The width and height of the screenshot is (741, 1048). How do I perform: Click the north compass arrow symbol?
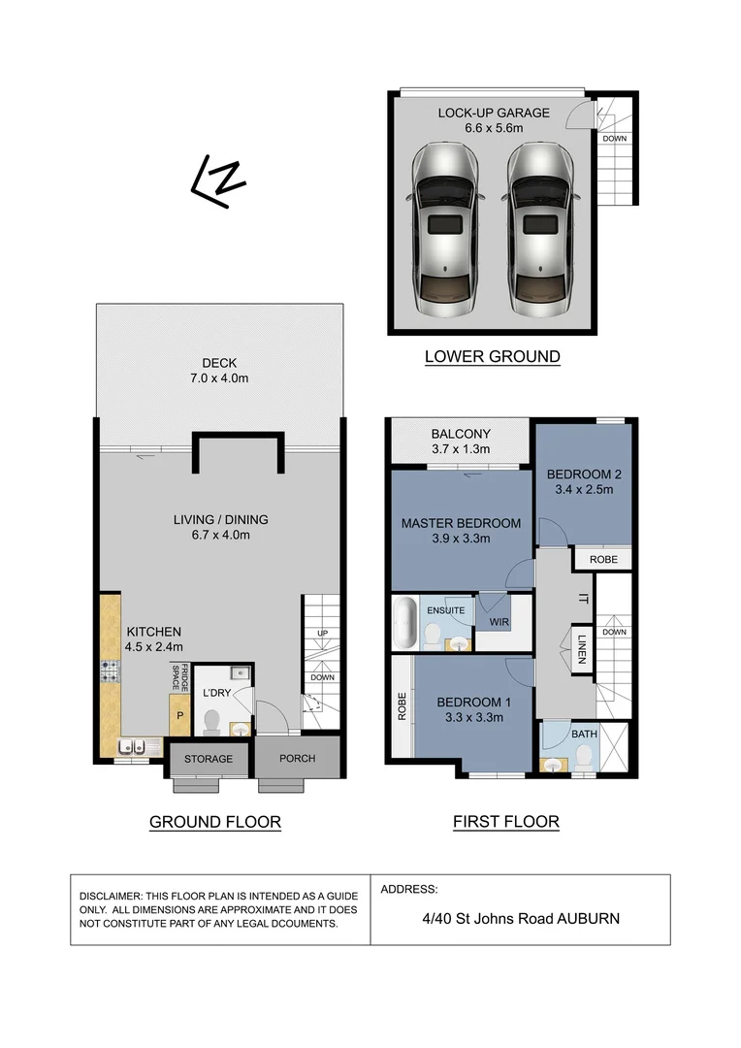(219, 180)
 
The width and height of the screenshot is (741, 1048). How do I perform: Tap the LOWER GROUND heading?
(492, 356)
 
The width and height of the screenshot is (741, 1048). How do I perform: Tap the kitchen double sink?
(134, 746)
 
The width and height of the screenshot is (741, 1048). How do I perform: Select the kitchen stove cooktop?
(109, 671)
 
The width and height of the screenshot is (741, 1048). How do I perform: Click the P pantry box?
(178, 715)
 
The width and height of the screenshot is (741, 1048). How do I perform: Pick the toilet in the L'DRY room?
(212, 721)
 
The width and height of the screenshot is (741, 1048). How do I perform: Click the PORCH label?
(298, 758)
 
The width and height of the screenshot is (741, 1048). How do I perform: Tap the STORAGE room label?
(208, 758)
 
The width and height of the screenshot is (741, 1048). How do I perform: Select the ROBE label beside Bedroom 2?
(602, 560)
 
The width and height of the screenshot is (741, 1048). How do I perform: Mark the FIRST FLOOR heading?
(505, 822)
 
